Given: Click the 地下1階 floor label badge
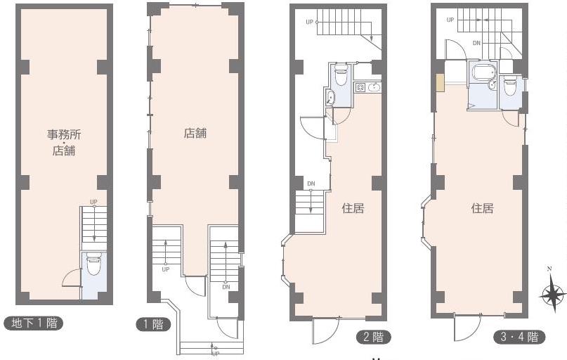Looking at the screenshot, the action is point(34,323).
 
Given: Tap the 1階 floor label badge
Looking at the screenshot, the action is point(153,324).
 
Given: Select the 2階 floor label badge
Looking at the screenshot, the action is point(374,337).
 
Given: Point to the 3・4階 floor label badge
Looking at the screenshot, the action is point(520,337).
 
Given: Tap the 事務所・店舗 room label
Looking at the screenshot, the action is point(64,142).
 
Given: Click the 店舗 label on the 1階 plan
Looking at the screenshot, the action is point(195,133).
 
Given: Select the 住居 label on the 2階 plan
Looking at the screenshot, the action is point(353,208).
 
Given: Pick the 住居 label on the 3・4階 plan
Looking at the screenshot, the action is point(483,208).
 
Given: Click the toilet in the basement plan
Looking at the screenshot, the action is point(93,264).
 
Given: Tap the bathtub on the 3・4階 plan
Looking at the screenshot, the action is point(482,72).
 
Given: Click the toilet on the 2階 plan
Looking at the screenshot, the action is point(340,75).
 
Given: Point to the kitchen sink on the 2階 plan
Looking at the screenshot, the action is point(374,87).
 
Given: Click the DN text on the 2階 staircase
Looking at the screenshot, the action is point(311,184).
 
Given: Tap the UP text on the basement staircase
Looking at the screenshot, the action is point(93,202).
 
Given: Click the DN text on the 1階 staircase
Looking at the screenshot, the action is point(226,288).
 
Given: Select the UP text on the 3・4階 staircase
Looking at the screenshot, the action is point(450,20).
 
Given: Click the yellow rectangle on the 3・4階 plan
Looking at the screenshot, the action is point(440,83).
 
